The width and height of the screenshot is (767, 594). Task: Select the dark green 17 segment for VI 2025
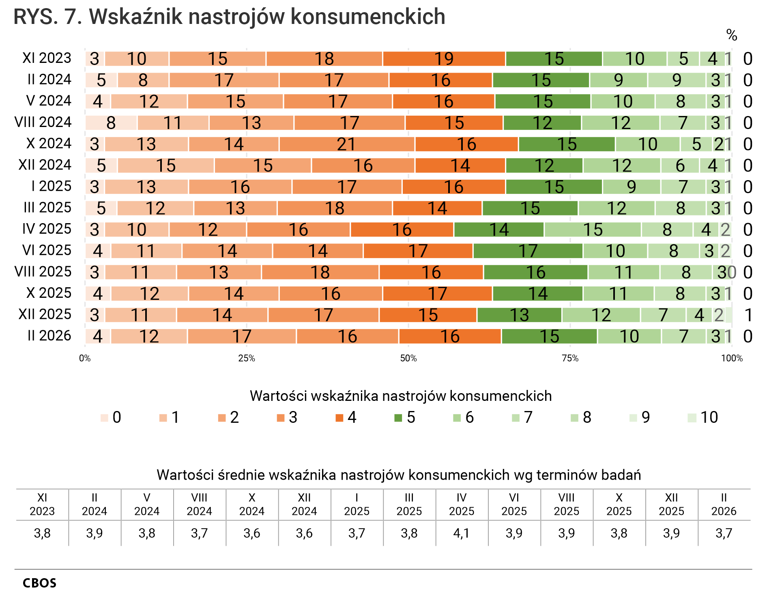(x=528, y=251)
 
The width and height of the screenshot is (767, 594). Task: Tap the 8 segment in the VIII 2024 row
(x=111, y=123)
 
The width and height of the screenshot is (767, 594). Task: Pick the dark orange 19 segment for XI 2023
(x=444, y=59)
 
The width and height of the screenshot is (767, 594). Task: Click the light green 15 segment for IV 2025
(x=593, y=230)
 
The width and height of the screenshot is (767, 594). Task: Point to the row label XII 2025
(x=45, y=314)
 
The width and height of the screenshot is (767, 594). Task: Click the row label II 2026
(x=49, y=336)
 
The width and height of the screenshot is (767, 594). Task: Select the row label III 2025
(x=47, y=208)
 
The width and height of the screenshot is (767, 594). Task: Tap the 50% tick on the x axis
(x=408, y=358)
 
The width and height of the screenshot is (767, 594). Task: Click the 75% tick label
(x=570, y=358)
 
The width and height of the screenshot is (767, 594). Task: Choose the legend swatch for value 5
(x=398, y=418)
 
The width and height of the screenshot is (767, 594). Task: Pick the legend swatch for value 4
(x=339, y=418)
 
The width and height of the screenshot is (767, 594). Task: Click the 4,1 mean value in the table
(x=462, y=533)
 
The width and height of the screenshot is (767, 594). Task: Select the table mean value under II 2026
(x=724, y=533)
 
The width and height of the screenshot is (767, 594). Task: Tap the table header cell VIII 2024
(x=199, y=504)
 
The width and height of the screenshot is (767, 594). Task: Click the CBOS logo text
(x=39, y=583)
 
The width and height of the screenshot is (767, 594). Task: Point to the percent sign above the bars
(x=731, y=35)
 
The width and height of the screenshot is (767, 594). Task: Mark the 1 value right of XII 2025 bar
(x=748, y=315)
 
